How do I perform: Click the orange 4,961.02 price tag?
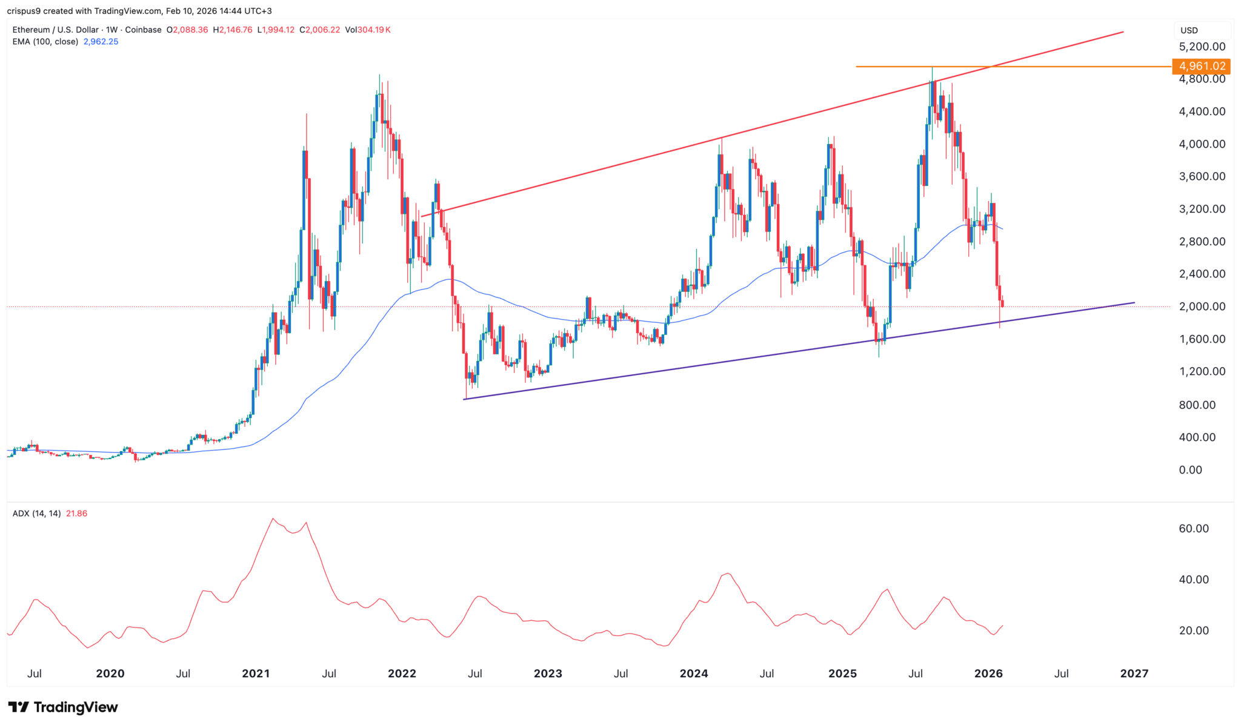tap(1202, 66)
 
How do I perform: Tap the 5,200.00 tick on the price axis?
tap(1202, 47)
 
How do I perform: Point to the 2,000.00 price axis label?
tap(1202, 306)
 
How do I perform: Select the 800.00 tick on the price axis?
tap(1197, 405)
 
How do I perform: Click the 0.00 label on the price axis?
tap(1190, 470)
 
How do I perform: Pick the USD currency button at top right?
tap(1189, 30)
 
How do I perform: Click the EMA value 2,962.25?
tap(101, 42)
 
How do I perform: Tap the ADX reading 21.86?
tap(76, 514)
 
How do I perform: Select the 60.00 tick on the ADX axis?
tap(1193, 529)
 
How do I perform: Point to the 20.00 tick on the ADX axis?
tap(1193, 630)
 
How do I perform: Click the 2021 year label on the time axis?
tap(256, 673)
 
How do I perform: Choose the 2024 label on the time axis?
tap(694, 673)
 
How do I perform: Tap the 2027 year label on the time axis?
tap(1134, 673)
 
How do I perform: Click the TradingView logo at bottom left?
tap(63, 707)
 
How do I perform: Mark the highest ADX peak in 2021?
tap(273, 518)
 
